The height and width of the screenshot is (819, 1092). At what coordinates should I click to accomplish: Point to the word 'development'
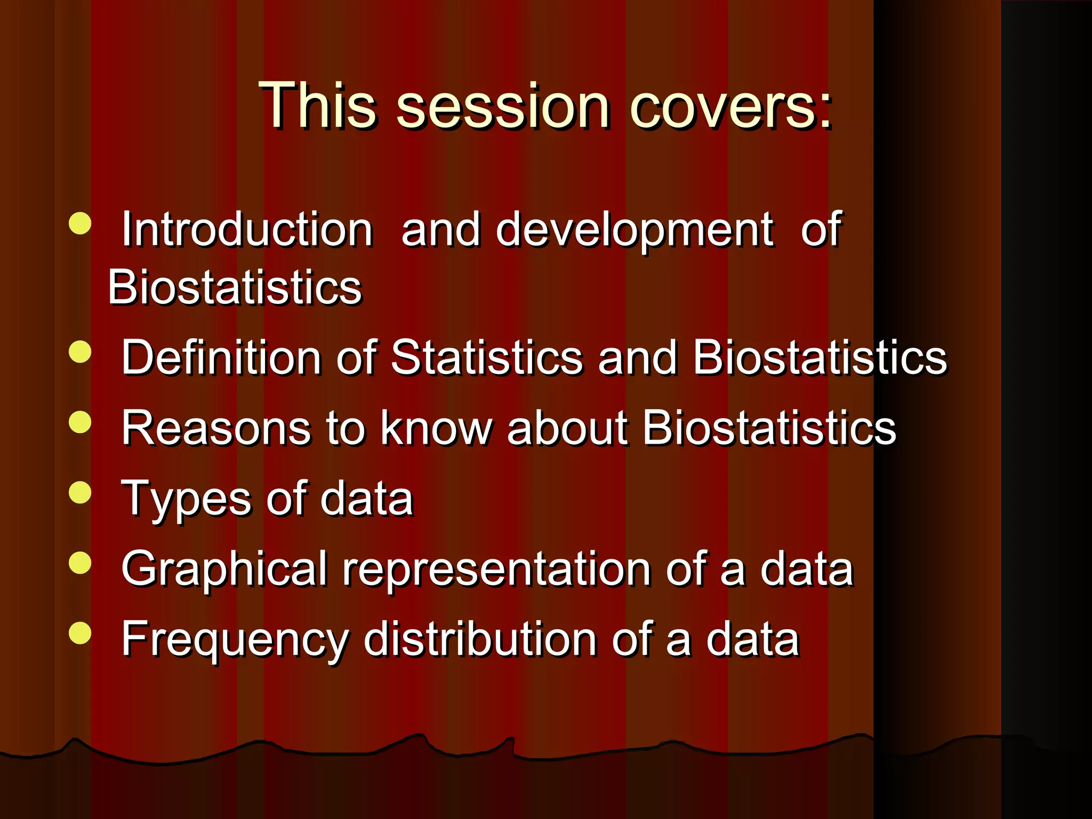635,230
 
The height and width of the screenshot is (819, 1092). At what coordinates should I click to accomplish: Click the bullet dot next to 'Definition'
80,352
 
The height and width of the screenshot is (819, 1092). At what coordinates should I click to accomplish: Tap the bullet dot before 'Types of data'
80,493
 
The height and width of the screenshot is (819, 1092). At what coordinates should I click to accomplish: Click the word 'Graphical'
224,569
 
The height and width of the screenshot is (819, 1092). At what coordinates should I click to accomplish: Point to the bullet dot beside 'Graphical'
80,563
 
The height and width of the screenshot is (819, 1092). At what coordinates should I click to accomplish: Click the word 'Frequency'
235,640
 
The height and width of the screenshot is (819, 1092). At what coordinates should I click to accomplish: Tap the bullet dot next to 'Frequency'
80,633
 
